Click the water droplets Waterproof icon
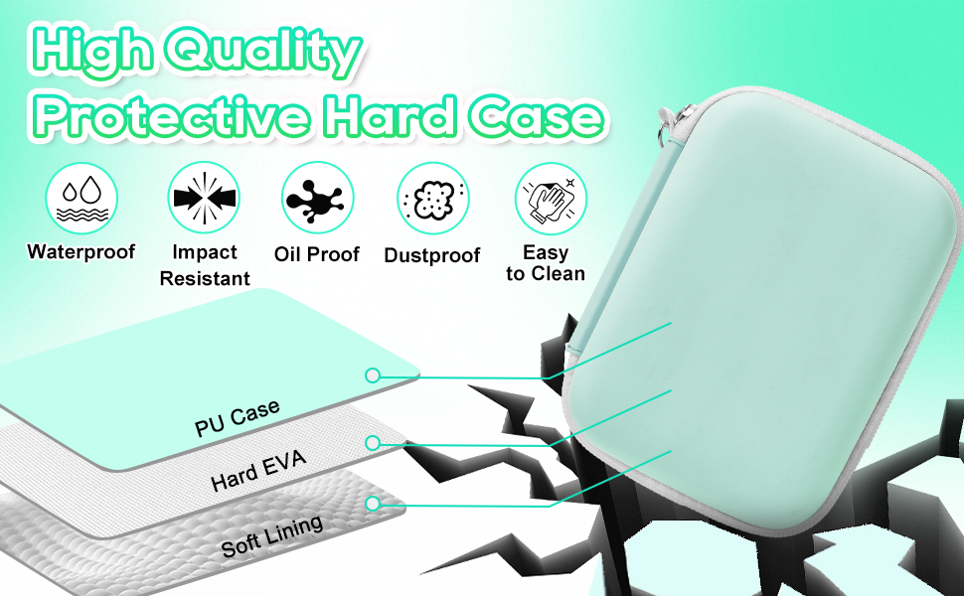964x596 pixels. pos(81,198)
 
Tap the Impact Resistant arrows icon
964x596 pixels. pos(204,198)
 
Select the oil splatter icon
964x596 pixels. pos(318,198)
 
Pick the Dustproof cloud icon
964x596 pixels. pos(433,199)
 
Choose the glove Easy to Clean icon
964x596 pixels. pos(551,199)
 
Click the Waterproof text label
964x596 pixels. pos(81,252)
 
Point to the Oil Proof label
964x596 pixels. pos(317,254)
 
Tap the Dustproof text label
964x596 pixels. pos(431,255)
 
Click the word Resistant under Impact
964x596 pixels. pos(205,279)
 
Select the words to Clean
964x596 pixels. pos(546,274)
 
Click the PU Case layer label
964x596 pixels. pos(238,418)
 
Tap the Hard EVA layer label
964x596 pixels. pos(258,471)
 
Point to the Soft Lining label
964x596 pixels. pos(271,536)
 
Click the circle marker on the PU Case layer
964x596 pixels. pos(372,375)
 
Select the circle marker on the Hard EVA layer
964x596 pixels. pos(372,443)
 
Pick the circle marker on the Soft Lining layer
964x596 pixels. pos(372,504)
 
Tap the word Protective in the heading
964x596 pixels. pos(172,116)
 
